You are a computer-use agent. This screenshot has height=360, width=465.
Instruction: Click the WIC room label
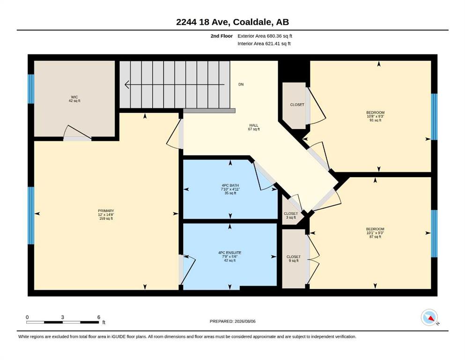[74, 99]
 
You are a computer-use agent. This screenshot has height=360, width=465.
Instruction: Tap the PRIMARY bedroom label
[106, 215]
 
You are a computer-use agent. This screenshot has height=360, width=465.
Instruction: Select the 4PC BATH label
[230, 189]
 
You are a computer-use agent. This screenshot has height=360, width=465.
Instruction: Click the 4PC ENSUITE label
[229, 256]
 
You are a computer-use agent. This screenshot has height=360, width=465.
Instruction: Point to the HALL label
[254, 127]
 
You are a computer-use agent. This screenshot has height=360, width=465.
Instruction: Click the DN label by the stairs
[241, 84]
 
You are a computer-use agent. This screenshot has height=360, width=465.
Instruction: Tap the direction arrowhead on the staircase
[127, 84]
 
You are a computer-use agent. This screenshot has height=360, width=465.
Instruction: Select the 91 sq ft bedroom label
[375, 116]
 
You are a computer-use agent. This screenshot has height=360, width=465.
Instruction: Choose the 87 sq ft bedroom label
[375, 232]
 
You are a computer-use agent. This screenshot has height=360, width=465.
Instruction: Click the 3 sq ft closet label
[291, 216]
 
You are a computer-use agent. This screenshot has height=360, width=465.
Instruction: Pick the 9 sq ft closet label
[293, 258]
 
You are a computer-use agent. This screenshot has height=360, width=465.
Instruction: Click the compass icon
[429, 317]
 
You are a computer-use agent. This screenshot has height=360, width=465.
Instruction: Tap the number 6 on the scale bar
[99, 317]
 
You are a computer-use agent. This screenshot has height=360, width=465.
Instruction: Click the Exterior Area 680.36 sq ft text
[265, 36]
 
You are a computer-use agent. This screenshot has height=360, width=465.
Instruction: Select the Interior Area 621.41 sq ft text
[264, 44]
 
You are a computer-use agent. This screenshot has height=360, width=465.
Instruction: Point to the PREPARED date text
[232, 321]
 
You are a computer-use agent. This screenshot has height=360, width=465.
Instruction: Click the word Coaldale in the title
[252, 22]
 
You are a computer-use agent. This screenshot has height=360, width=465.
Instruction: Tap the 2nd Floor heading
[221, 36]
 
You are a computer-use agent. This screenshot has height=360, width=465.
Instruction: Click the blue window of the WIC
[31, 89]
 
